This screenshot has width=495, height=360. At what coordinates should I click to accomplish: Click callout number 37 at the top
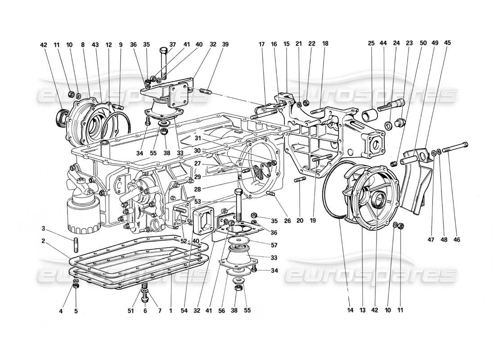(172, 44)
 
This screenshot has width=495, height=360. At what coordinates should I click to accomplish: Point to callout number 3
(55, 228)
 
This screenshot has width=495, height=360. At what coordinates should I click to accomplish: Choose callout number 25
(371, 44)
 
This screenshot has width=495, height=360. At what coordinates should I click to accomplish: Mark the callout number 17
(261, 44)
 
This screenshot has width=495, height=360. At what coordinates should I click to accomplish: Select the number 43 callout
(95, 44)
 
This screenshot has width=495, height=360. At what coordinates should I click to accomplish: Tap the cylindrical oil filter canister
(81, 217)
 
